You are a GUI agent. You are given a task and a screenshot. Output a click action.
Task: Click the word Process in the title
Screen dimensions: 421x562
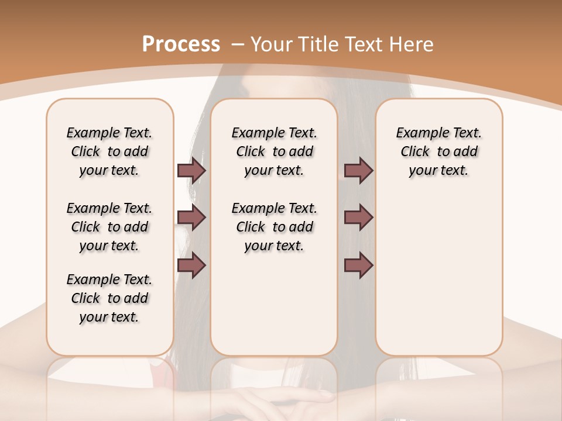click(x=181, y=44)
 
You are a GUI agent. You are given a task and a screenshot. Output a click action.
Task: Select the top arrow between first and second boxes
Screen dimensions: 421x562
click(x=191, y=170)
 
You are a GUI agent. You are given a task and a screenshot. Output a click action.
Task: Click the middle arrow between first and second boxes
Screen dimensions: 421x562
click(x=191, y=218)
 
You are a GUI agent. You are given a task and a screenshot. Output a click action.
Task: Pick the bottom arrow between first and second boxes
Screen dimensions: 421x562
click(x=191, y=265)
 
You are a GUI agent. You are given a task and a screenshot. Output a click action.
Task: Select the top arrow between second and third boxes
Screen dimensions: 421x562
click(x=358, y=170)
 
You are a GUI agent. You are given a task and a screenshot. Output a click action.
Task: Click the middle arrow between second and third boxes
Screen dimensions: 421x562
click(x=358, y=218)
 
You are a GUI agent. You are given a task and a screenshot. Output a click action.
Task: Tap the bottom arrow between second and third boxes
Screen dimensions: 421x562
click(x=358, y=265)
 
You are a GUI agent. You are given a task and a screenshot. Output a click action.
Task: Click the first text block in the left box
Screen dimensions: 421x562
click(x=109, y=151)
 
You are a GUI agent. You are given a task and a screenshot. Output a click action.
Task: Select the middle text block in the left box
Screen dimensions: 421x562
click(x=109, y=227)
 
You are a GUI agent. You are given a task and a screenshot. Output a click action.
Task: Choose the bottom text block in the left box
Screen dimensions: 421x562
click(x=109, y=298)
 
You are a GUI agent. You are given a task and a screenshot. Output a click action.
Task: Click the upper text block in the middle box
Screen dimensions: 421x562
click(x=274, y=151)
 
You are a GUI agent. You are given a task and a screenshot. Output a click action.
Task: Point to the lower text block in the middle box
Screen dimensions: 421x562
click(x=274, y=227)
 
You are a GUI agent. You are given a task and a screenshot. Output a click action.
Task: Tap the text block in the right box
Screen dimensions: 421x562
click(x=438, y=151)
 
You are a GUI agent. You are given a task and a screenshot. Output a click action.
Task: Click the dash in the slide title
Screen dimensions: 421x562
click(x=238, y=44)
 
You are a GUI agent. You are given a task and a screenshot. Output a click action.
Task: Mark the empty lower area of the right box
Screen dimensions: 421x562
click(x=438, y=275)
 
